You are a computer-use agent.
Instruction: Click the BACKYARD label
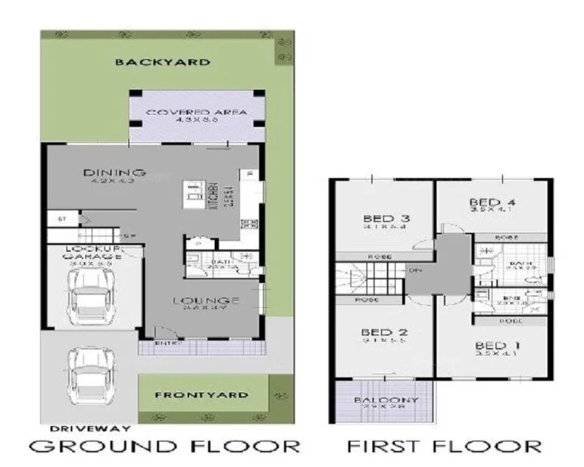(x=162, y=62)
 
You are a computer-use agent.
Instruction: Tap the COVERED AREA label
(x=196, y=113)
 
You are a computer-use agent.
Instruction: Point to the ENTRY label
(x=167, y=344)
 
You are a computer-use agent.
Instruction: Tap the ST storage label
(x=62, y=218)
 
